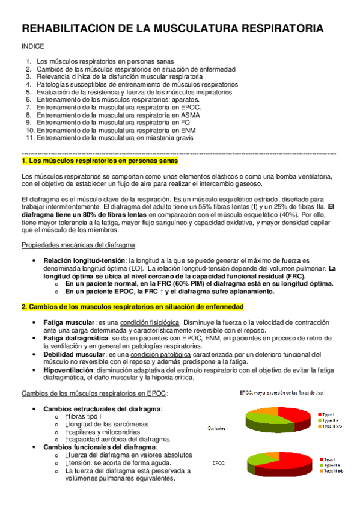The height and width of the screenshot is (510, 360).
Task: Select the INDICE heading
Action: (32, 46)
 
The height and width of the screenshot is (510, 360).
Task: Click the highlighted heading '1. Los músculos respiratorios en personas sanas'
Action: (100, 162)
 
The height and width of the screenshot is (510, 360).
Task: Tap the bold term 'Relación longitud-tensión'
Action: (84, 260)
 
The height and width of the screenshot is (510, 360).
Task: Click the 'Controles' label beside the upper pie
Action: (217, 429)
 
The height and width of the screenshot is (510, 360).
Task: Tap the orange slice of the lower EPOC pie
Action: (274, 454)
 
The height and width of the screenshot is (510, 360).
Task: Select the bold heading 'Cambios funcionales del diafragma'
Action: (99, 448)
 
